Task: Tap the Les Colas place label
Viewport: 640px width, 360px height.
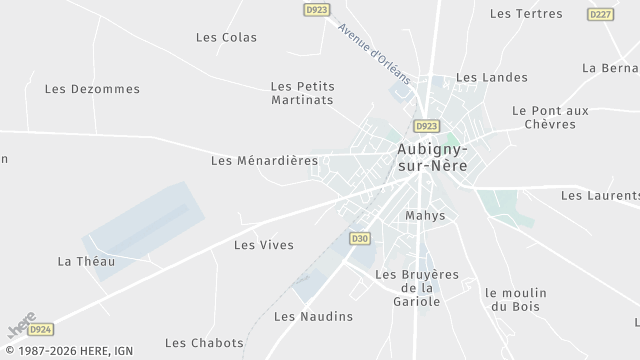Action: (226, 38)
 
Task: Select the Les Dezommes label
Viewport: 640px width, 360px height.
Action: (92, 89)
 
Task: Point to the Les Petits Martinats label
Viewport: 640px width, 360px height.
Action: (302, 93)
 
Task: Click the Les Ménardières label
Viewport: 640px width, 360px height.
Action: (264, 160)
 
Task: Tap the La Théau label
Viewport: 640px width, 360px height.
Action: (86, 262)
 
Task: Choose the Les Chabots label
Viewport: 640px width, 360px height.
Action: (204, 343)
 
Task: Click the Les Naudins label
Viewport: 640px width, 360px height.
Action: (313, 317)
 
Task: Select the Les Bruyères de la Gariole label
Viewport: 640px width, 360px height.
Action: (415, 287)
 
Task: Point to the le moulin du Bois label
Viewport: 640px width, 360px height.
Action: (516, 300)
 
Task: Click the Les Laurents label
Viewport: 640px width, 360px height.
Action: (599, 196)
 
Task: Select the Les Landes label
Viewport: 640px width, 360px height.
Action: (484, 77)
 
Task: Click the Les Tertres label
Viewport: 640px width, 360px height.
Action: (526, 14)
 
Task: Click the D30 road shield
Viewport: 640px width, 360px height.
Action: (360, 238)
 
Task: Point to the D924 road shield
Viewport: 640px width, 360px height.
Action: (40, 327)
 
